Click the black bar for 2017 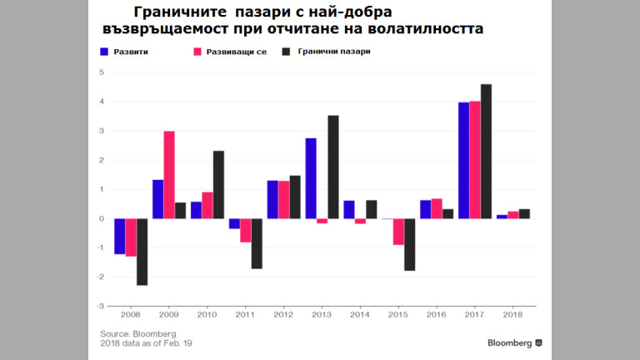pyautogui.click(x=487, y=152)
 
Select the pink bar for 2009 pyautogui.click(x=169, y=175)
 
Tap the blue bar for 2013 pyautogui.click(x=311, y=178)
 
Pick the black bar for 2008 pyautogui.click(x=142, y=252)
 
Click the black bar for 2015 pyautogui.click(x=410, y=244)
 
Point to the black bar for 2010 pyautogui.click(x=218, y=185)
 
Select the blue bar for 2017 pyautogui.click(x=463, y=161)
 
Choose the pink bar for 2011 pyautogui.click(x=246, y=230)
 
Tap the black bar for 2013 pyautogui.click(x=333, y=167)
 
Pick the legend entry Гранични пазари pyautogui.click(x=332, y=52)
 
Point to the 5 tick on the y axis pyautogui.click(x=101, y=72)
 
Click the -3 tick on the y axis pyautogui.click(x=100, y=307)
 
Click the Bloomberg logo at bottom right pyautogui.click(x=516, y=342)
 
